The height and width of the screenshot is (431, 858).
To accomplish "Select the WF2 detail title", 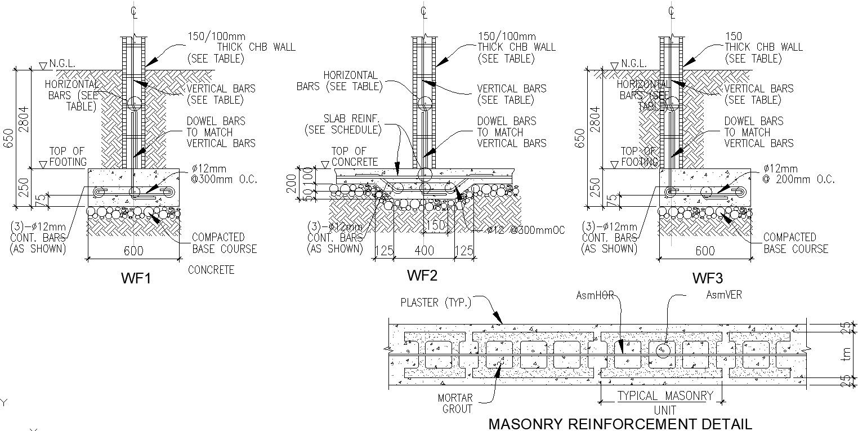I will (422, 276).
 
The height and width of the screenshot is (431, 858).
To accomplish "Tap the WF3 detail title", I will (708, 278).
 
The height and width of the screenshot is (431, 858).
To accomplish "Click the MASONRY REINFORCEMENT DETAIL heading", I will (619, 424).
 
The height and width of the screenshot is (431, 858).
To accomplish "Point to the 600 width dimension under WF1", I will (133, 251).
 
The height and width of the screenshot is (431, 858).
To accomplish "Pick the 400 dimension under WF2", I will (424, 251).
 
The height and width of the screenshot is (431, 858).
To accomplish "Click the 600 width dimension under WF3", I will (705, 251).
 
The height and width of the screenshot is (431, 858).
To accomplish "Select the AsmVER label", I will (723, 295).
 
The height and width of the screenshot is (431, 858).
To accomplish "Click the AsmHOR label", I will (595, 295).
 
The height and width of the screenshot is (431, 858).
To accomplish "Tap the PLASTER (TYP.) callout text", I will (436, 303).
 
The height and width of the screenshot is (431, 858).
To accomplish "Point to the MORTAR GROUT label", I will (456, 403).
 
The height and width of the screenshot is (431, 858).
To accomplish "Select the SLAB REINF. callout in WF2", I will (343, 124).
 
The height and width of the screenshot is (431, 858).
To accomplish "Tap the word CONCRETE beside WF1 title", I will (211, 270).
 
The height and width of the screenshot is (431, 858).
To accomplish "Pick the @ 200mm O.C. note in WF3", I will (799, 180).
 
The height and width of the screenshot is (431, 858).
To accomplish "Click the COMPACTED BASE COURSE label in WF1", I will (224, 243).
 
